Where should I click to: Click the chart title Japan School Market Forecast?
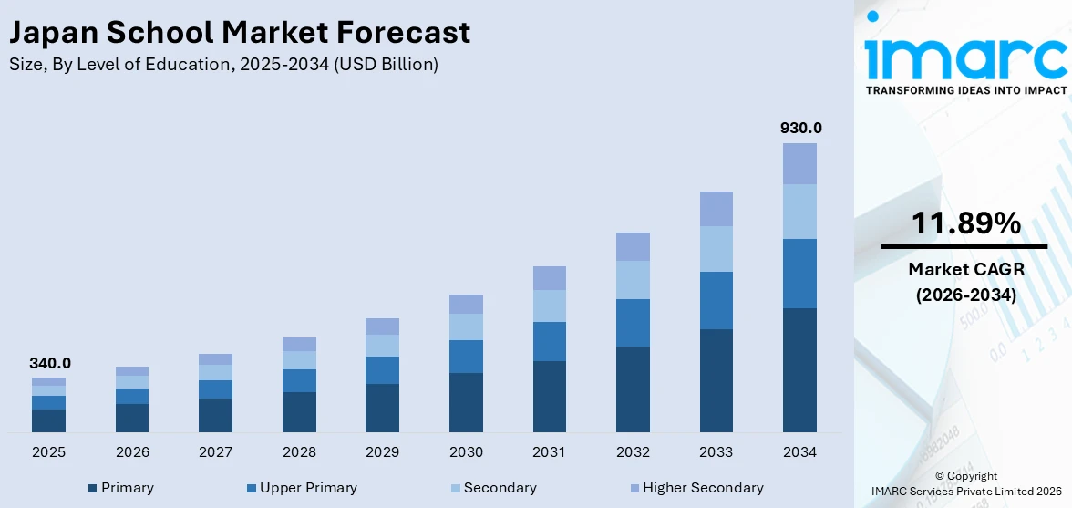240,33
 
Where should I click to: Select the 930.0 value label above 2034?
799,129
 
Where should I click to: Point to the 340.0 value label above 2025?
49,363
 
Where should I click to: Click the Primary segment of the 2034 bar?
799,369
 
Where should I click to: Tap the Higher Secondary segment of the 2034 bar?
799,164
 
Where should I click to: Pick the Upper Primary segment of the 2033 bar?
716,300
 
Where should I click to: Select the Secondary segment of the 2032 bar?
633,280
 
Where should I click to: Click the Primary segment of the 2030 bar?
466,402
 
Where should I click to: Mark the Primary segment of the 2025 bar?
49,420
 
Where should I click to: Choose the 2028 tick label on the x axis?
299,452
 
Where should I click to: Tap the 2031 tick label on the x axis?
549,452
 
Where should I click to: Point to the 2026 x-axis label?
132,452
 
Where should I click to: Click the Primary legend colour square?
93,489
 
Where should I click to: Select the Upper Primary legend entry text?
308,488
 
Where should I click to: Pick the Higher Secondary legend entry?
702,488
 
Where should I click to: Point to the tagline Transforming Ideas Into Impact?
965,90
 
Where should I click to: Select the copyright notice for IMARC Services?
965,484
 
